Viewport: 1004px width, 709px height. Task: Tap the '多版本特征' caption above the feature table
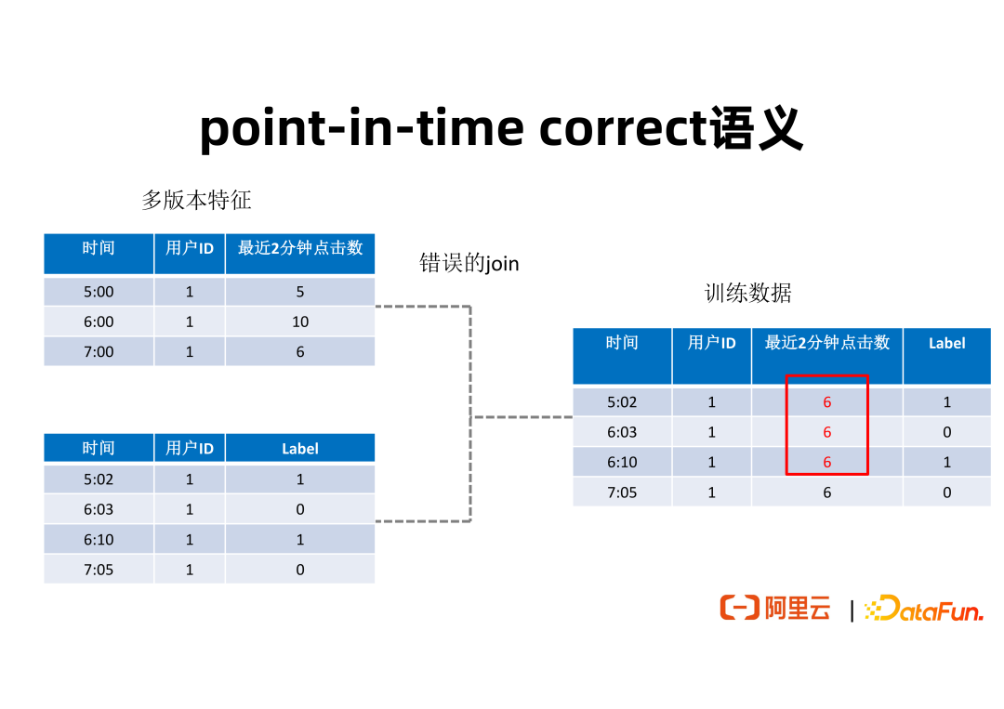tap(196, 201)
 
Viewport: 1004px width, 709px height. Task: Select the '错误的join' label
tap(469, 263)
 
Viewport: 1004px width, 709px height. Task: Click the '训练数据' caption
tap(747, 293)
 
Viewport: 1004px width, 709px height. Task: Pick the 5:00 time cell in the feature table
tap(99, 292)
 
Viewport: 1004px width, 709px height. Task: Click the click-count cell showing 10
tap(300, 322)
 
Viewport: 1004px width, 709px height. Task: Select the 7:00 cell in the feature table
tap(99, 352)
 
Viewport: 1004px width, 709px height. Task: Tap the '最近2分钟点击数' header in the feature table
tap(300, 247)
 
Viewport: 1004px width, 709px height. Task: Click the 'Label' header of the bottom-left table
tap(300, 449)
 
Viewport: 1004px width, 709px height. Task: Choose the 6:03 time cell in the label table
tap(99, 509)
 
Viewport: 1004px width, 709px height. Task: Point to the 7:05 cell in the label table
tap(99, 570)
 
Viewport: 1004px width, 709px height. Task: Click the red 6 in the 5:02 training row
tap(827, 401)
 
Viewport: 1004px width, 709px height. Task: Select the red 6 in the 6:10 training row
tap(827, 462)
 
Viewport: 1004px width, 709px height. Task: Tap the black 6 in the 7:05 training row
tap(827, 492)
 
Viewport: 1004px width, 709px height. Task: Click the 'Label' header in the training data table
tap(947, 343)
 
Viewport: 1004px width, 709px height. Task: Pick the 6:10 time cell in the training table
tap(622, 462)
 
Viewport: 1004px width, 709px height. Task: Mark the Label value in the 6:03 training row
tap(947, 432)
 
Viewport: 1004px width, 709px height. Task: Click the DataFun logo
tap(924, 609)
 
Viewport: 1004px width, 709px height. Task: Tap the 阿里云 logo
tap(775, 608)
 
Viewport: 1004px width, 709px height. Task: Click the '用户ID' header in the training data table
tap(711, 343)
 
